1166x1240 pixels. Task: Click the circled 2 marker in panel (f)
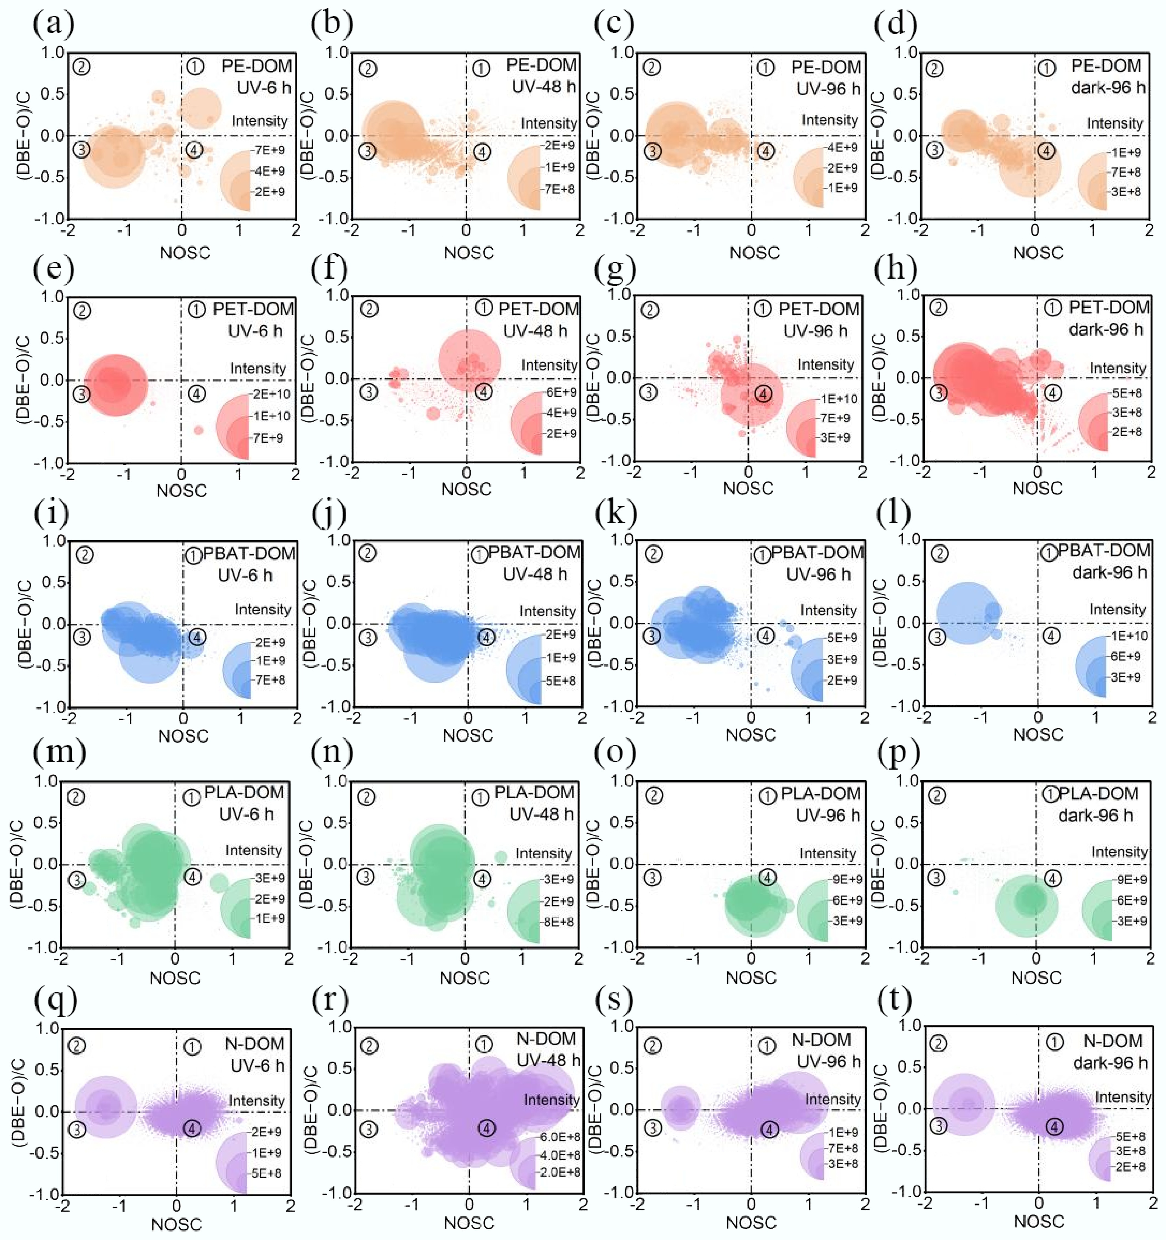(370, 308)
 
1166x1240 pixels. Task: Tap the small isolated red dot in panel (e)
(199, 430)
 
